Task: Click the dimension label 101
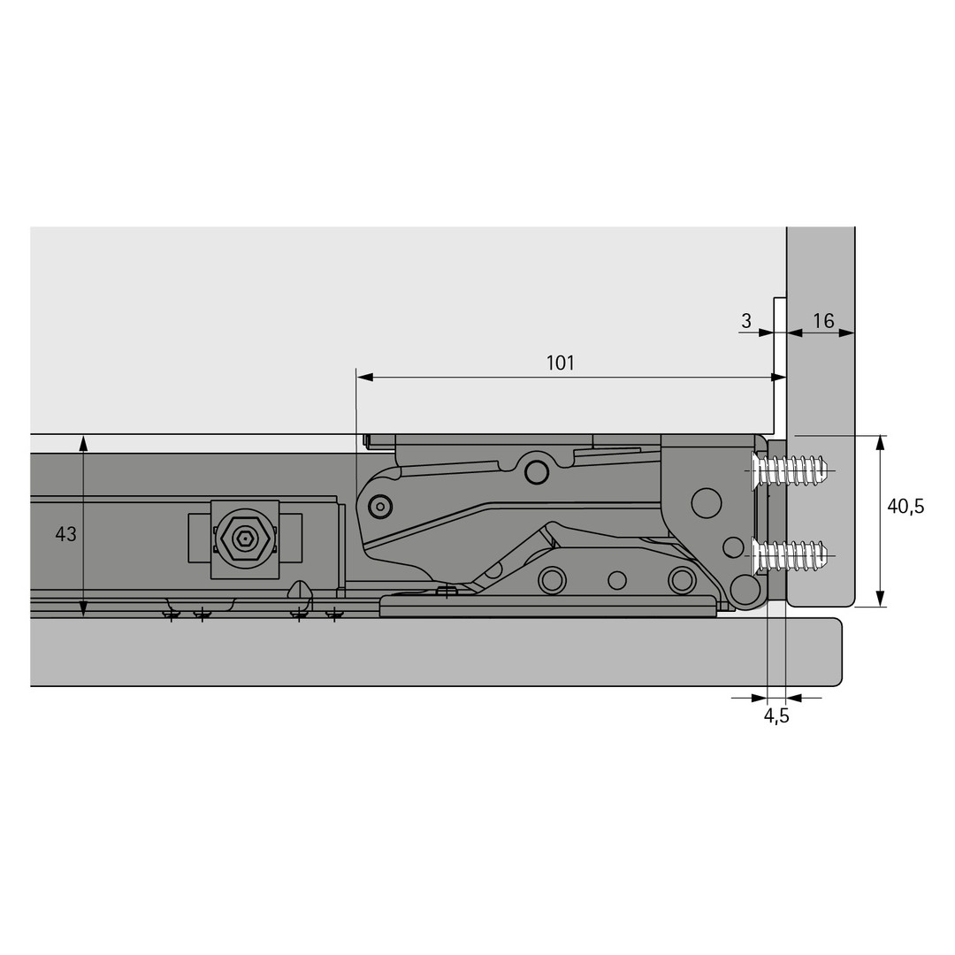[560, 363]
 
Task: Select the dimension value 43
[65, 534]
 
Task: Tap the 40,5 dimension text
[905, 506]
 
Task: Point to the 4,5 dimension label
[776, 715]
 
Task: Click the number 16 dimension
[823, 321]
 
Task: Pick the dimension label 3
[746, 321]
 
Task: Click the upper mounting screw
[789, 470]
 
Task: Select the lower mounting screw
[789, 555]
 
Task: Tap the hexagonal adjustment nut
[245, 538]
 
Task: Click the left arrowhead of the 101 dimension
[365, 378]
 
